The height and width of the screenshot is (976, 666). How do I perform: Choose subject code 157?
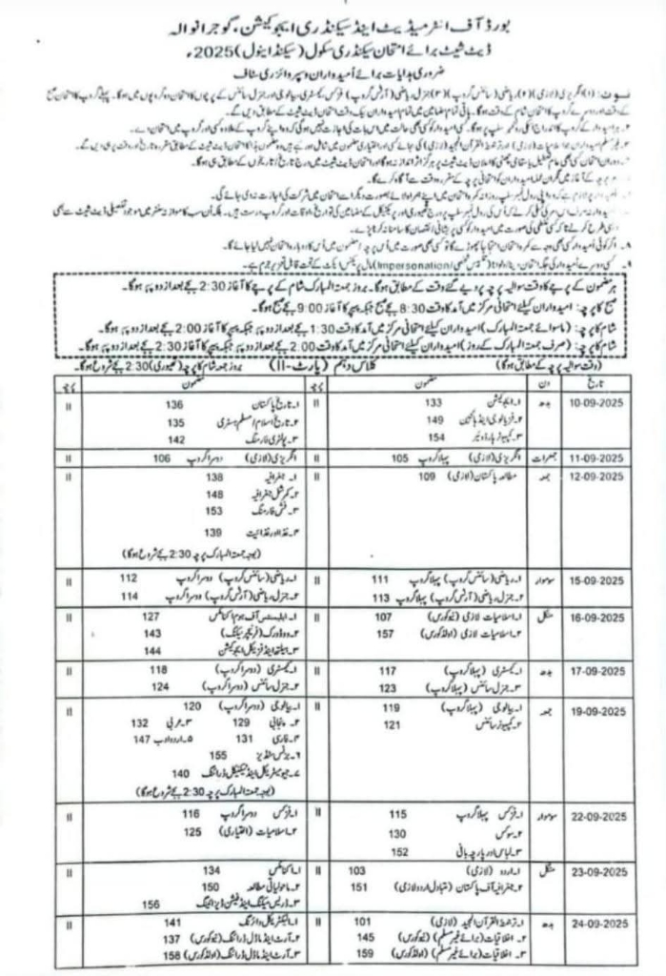pos(385,634)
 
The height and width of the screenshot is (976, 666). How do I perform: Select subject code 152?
pos(400,851)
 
